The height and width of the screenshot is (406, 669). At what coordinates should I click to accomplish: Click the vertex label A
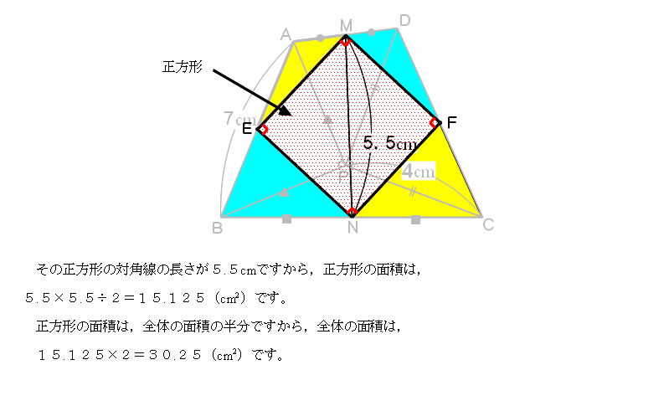tap(286, 34)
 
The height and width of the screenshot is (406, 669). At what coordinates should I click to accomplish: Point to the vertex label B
tap(217, 227)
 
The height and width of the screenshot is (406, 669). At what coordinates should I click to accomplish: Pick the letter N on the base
tap(352, 227)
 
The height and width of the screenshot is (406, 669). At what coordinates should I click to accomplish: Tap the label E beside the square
tap(246, 129)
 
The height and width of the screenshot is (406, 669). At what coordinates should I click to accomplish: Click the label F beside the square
tap(451, 122)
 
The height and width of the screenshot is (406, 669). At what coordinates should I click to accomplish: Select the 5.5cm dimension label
tap(389, 144)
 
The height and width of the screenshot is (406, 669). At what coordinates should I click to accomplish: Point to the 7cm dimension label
tap(234, 119)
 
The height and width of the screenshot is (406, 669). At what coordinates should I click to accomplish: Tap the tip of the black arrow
tap(289, 115)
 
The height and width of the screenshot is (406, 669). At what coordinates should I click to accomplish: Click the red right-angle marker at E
tap(262, 129)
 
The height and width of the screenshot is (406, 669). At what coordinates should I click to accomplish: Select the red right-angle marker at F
tap(435, 123)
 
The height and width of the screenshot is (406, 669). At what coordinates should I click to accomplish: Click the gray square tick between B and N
tap(286, 218)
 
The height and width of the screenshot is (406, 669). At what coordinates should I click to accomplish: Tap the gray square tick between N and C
tap(415, 219)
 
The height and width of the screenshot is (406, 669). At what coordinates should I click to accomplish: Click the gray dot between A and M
tap(320, 38)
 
